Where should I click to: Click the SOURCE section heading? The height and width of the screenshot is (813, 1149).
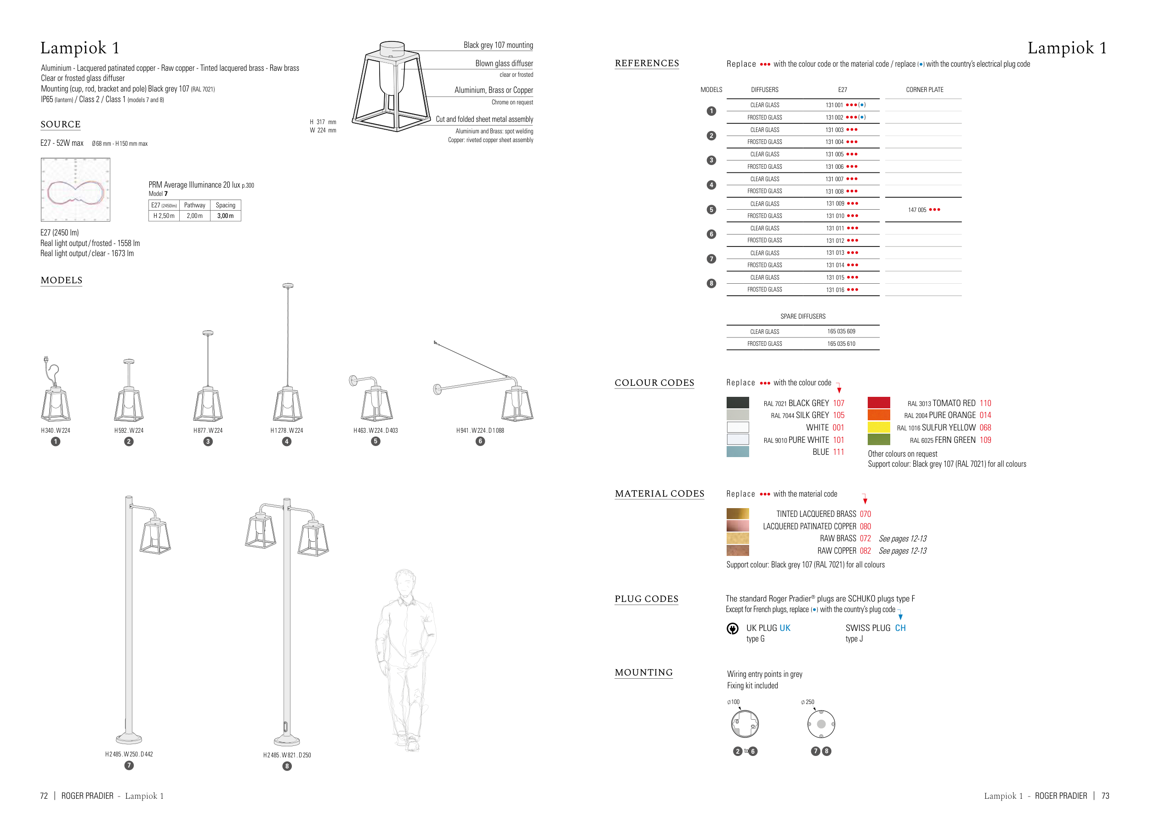click(x=61, y=124)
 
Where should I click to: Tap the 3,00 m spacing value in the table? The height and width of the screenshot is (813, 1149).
click(x=225, y=216)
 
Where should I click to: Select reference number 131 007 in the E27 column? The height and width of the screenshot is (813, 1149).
click(x=835, y=179)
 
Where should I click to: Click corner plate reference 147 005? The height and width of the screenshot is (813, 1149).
click(x=917, y=210)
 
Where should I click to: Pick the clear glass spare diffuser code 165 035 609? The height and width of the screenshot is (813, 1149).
click(x=841, y=332)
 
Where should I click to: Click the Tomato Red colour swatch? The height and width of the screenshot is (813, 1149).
click(x=879, y=402)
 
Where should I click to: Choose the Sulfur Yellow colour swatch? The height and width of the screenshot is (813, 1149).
click(x=879, y=427)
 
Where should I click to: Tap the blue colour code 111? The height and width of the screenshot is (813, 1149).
click(x=838, y=452)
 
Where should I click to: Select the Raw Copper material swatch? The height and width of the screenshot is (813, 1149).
click(x=738, y=551)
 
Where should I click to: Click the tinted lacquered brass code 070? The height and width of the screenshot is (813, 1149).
click(x=865, y=514)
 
